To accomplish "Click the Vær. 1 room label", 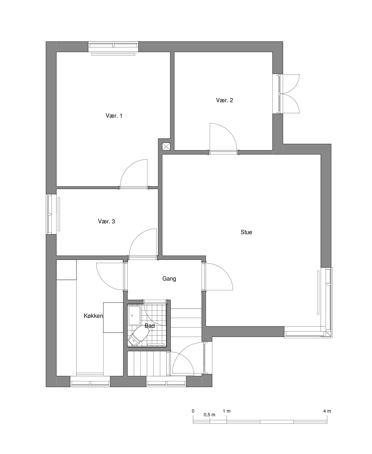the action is (114, 116).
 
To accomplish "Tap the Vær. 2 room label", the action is (225, 100).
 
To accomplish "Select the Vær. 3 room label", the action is (107, 221).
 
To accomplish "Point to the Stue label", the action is (246, 232).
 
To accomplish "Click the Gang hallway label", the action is (169, 279).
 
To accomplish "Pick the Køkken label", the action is (93, 316).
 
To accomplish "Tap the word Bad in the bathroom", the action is (150, 326).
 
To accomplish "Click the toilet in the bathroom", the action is (138, 337).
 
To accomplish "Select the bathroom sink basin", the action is (134, 316).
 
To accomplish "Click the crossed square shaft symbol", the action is (166, 146).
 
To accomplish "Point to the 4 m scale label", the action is (327, 411).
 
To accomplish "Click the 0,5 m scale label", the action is (209, 415).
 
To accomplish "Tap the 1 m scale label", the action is (227, 411).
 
